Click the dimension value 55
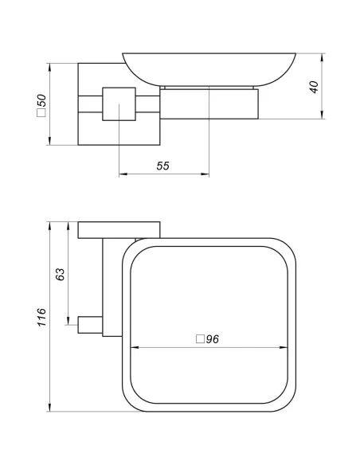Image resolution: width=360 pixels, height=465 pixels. pos(162,166)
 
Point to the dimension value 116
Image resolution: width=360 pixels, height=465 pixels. pos(42,316)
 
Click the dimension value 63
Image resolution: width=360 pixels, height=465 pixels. pos(61,275)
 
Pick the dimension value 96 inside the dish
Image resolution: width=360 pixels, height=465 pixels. pos(212,338)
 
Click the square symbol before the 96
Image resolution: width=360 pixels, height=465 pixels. pos(200,338)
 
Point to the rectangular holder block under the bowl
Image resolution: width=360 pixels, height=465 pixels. pos(210,102)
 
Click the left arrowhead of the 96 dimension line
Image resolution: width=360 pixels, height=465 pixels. pos(133,348)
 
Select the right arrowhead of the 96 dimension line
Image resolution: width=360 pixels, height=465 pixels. pos(284,348)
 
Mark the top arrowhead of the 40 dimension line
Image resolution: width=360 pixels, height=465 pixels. pos(322,57)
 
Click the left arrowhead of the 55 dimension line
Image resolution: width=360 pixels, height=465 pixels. pos(122,175)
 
